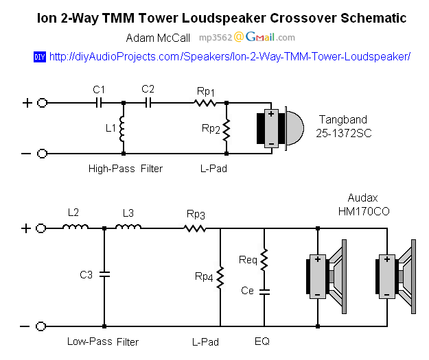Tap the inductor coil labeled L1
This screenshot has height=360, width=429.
[124, 128]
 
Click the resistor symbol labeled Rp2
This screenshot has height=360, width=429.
[227, 128]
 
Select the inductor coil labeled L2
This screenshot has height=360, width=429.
[76, 228]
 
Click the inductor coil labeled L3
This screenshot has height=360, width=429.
[128, 228]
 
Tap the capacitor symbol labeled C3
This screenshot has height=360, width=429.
[104, 275]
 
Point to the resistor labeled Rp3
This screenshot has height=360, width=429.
[196, 228]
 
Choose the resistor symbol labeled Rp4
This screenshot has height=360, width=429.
[220, 277]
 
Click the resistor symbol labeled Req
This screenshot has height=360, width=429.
[265, 259]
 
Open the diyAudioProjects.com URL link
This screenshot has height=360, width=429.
[230, 56]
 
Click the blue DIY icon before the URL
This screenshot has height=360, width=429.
[39, 56]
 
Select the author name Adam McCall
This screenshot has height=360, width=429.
[159, 38]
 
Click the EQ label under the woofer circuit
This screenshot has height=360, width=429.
[264, 341]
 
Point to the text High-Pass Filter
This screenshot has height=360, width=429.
[126, 168]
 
